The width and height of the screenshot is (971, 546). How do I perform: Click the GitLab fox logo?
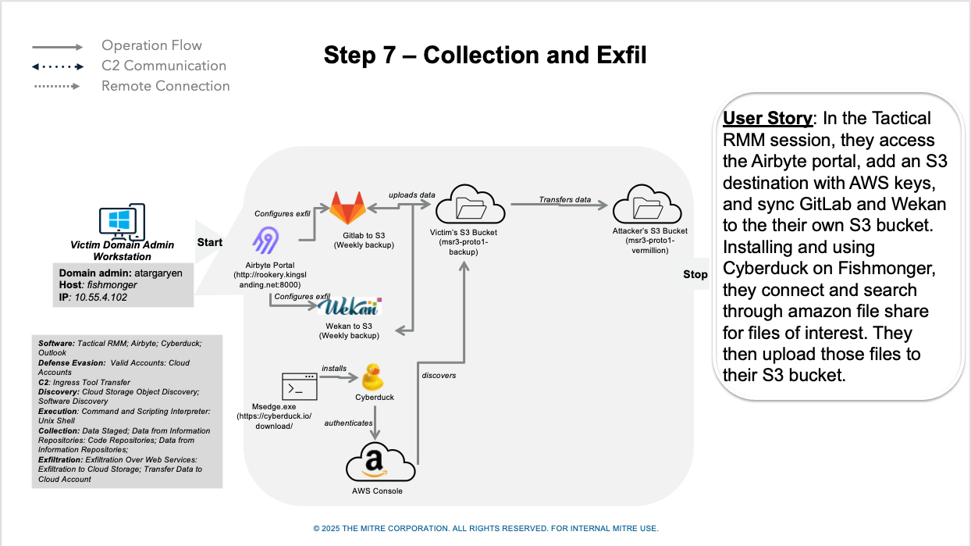point(348,209)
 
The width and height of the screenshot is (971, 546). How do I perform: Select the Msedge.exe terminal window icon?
point(299,387)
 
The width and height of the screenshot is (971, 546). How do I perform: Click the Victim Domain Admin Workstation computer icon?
point(122,222)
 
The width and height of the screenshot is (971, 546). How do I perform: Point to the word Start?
point(210,242)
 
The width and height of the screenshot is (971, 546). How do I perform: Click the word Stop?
point(695,274)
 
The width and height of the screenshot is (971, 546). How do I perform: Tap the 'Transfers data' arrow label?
point(564,200)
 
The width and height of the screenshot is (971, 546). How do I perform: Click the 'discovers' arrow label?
point(439,376)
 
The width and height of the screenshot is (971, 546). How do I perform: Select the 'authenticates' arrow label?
point(348,423)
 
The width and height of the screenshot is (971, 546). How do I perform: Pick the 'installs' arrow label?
point(334,368)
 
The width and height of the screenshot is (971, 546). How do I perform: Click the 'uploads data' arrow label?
point(412,194)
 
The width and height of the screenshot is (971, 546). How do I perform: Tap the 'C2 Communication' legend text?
point(164,66)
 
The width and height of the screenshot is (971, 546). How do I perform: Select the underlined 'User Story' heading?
point(767,119)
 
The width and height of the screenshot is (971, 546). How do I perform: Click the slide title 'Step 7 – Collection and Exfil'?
point(485,55)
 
